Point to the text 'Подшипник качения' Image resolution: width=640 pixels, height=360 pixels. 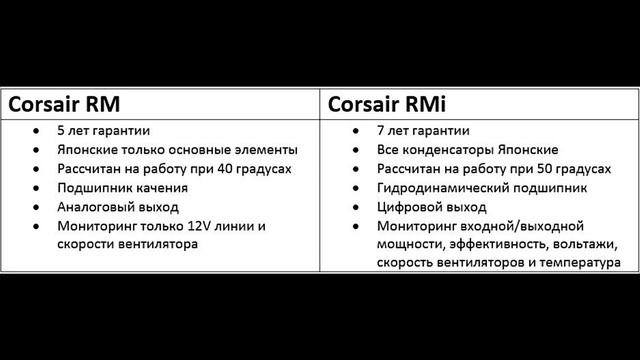pyautogui.click(x=124, y=188)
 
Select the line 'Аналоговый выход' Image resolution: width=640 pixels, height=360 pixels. pyautogui.click(x=119, y=207)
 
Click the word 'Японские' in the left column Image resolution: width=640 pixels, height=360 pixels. pyautogui.click(x=91, y=150)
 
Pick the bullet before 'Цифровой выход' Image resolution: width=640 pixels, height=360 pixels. pyautogui.click(x=357, y=207)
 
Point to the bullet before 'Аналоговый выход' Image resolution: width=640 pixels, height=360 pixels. pyautogui.click(x=37, y=207)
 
